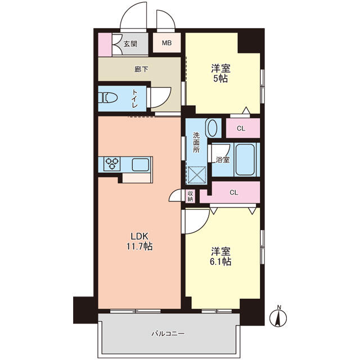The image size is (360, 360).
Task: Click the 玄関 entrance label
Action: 130,44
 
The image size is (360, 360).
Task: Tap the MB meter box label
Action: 166,43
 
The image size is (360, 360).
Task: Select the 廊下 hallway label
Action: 141,69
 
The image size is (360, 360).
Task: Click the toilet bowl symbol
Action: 107,97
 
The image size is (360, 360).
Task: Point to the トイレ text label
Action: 135,98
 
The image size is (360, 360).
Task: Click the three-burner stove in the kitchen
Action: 112,164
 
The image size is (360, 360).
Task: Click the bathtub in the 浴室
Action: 245,160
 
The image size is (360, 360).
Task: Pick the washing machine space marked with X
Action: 197,175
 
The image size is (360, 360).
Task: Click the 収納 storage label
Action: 190,196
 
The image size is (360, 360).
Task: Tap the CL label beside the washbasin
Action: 241,128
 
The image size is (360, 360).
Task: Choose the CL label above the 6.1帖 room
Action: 234,192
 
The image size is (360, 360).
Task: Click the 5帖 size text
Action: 220,79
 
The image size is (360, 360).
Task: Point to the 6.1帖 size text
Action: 220,262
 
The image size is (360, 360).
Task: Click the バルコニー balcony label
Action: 168,334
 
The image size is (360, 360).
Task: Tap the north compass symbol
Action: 278,317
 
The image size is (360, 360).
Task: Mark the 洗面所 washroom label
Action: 196,142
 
